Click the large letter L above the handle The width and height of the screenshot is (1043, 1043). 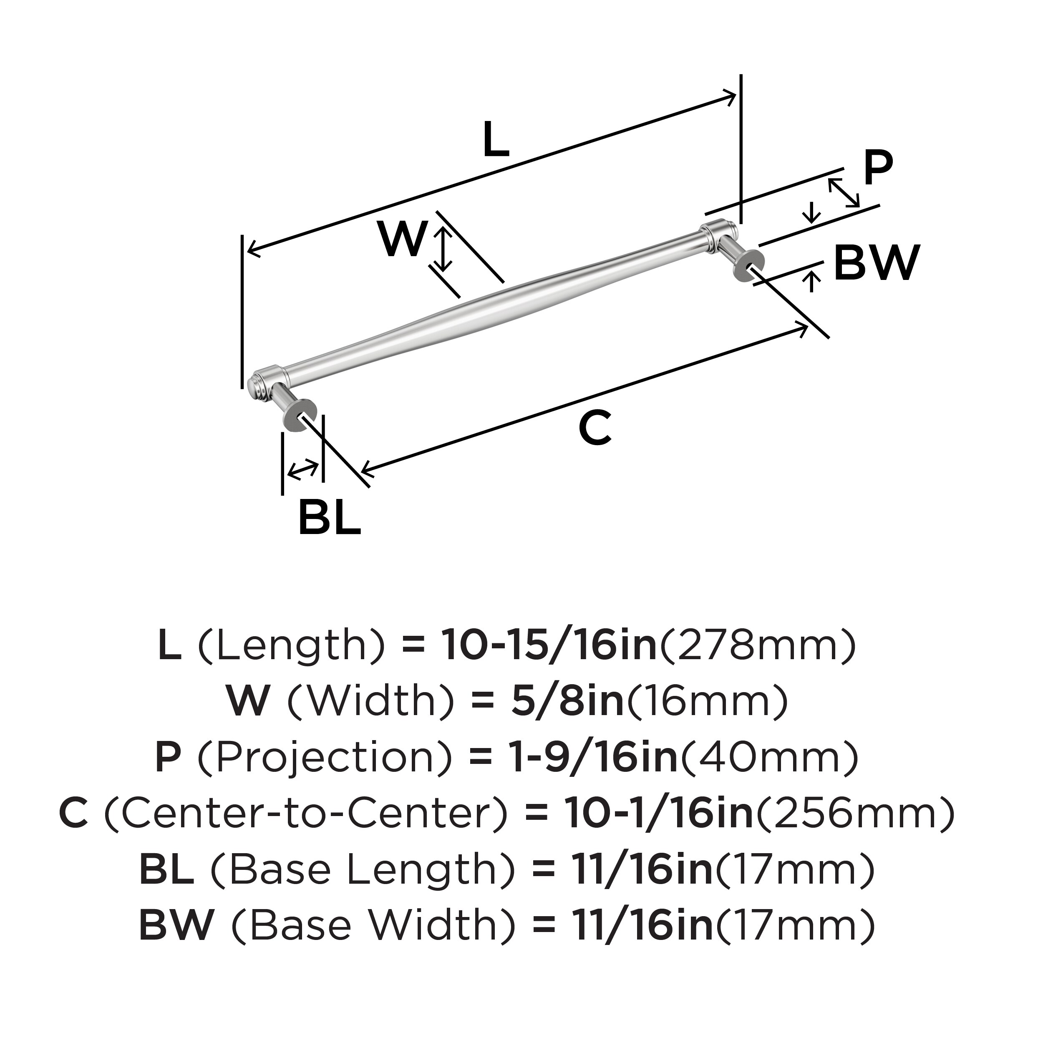coord(496,140)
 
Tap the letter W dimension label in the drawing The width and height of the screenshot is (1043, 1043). coord(403,239)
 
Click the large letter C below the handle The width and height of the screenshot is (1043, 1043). coord(595,428)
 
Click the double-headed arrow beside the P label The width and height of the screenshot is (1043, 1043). coord(844,193)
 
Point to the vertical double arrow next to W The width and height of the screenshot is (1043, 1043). coord(443,249)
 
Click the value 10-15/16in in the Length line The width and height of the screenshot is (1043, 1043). coord(549,646)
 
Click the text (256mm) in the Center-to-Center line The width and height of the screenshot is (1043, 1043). coord(856,814)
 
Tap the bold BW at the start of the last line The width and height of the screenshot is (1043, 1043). coord(176,925)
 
